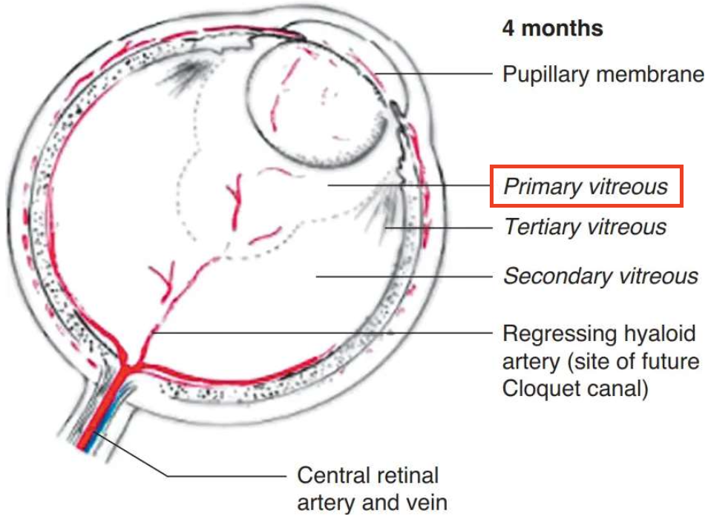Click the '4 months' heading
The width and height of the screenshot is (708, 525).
[x=552, y=29]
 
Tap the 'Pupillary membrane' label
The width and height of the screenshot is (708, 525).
[x=603, y=74]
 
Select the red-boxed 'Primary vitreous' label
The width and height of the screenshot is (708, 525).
[x=586, y=186]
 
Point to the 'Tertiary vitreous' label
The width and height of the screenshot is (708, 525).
[x=585, y=226]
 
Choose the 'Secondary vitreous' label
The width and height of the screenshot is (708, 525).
[x=600, y=277]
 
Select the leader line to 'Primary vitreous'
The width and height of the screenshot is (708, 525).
[x=408, y=185]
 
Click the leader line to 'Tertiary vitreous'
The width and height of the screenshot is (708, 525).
[x=438, y=226]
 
